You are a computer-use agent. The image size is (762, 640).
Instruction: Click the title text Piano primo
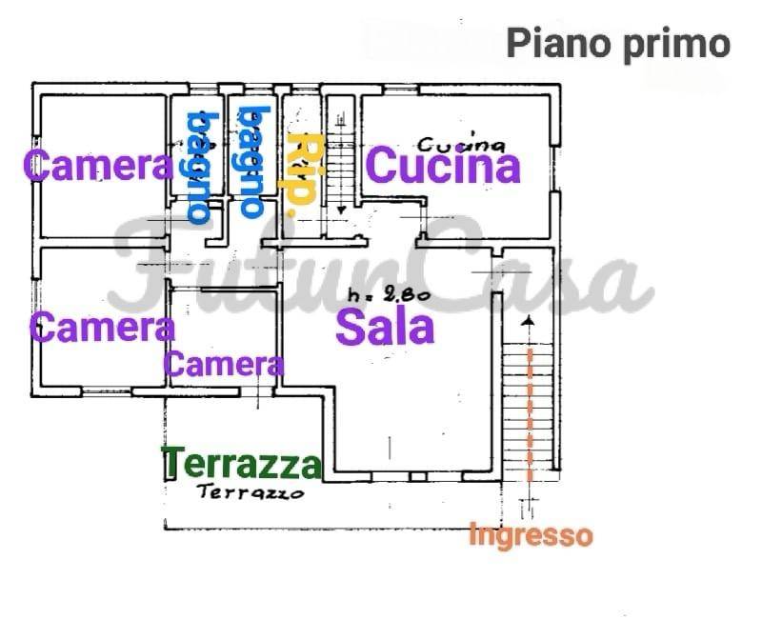(618, 42)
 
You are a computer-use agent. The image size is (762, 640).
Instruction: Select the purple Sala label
(386, 328)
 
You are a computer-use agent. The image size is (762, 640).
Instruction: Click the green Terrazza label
(242, 465)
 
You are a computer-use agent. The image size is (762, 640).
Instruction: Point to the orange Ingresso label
(531, 536)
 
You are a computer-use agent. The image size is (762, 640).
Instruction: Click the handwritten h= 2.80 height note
(390, 295)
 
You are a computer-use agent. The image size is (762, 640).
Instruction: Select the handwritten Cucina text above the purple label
(461, 144)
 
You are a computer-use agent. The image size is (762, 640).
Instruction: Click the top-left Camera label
(98, 166)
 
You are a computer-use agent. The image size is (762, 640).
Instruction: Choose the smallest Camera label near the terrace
(224, 364)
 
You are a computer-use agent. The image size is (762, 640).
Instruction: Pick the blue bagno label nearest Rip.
(251, 161)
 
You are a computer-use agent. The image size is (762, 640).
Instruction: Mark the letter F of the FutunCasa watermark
(152, 267)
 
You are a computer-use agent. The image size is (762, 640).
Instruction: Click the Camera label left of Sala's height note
(103, 329)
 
